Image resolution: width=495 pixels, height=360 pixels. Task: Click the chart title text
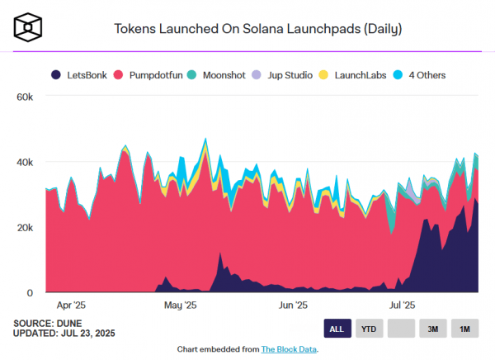257,29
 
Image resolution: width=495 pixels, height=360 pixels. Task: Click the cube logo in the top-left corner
28,28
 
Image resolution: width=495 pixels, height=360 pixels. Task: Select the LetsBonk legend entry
82,75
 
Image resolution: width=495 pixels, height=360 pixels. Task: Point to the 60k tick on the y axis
24,97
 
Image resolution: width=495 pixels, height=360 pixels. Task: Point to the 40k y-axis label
24,163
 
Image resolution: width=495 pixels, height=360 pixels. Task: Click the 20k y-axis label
24,228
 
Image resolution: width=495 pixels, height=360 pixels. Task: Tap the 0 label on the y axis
29,293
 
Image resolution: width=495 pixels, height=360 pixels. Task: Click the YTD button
369,329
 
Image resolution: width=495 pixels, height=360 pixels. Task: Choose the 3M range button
432,329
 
